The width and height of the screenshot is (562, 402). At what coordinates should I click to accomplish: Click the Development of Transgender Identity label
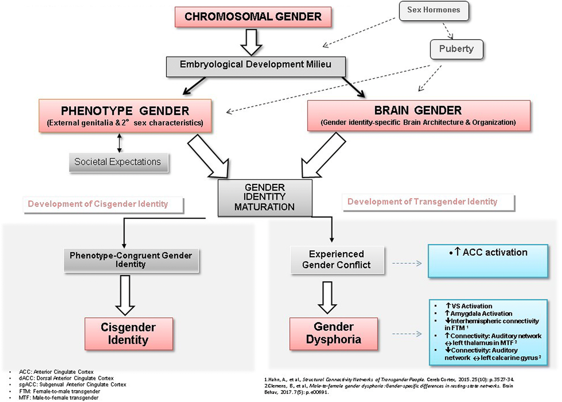tap(422, 201)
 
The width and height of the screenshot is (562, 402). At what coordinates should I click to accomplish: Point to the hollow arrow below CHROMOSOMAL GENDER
tap(252, 43)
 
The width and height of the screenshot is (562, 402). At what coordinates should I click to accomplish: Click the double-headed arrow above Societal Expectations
tap(120, 143)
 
